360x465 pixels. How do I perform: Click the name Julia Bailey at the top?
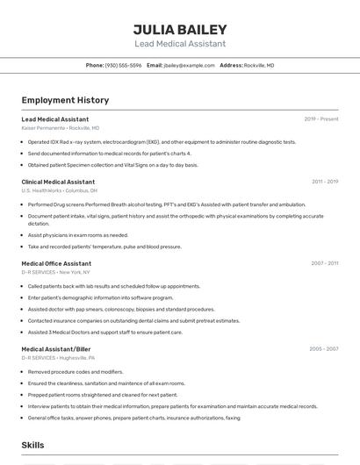(180, 30)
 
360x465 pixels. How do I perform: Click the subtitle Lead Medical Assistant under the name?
(180, 44)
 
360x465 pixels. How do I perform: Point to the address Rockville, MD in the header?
(259, 65)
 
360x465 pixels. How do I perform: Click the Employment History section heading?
(65, 100)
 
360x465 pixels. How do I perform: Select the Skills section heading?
(33, 446)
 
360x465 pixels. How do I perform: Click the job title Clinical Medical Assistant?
(58, 182)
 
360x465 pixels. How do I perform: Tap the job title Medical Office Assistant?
(56, 263)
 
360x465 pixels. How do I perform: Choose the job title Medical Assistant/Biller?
(56, 348)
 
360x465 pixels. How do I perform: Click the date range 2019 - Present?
(320, 118)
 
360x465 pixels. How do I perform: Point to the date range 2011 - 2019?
(324, 182)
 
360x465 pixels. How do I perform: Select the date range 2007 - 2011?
(324, 263)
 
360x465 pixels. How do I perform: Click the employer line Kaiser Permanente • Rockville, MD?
(61, 127)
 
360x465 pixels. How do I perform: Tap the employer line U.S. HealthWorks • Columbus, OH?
(60, 190)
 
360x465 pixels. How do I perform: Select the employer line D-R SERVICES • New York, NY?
(56, 272)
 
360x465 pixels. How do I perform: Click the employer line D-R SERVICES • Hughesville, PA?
(59, 357)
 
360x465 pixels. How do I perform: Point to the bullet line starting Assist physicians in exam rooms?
(78, 235)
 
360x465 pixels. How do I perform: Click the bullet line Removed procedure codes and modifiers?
(76, 371)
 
